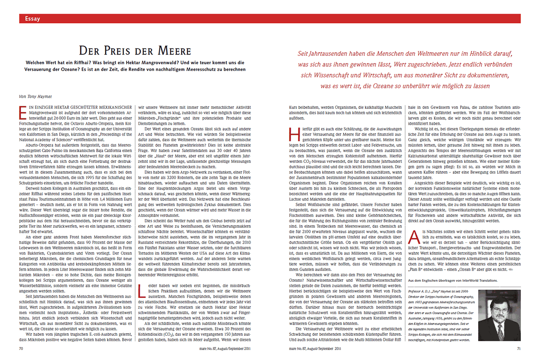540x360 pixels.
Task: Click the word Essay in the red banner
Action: point(33,19)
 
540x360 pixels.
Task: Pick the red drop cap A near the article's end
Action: point(413,237)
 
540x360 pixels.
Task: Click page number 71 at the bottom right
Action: point(518,347)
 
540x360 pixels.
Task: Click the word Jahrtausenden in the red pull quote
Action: point(337,54)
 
